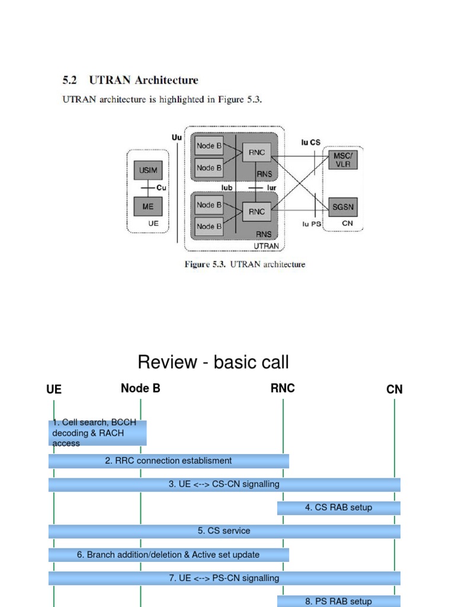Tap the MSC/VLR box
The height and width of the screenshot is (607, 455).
[x=343, y=159]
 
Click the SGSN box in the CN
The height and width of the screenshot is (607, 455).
[x=343, y=208]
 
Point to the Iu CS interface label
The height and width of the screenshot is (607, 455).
[x=310, y=143]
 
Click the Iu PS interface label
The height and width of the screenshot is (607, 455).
[x=312, y=224]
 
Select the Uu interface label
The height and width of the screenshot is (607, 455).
[x=177, y=137]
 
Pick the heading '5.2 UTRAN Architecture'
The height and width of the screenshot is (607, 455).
[x=130, y=80]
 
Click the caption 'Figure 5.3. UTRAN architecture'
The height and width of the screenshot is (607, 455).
[x=245, y=264]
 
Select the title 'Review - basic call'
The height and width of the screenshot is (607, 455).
[x=213, y=362]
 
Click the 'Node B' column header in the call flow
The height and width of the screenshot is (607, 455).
[x=140, y=388]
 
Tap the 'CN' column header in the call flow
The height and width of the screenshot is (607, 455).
[x=394, y=389]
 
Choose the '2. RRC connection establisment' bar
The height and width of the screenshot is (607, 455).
[x=168, y=461]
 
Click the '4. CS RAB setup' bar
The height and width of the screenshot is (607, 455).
[x=338, y=507]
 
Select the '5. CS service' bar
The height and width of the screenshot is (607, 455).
[x=224, y=531]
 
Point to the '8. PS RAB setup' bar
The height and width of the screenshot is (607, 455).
[x=338, y=600]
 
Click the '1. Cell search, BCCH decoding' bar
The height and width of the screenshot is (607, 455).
[x=97, y=433]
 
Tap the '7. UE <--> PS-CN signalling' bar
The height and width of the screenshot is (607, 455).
[x=224, y=578]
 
